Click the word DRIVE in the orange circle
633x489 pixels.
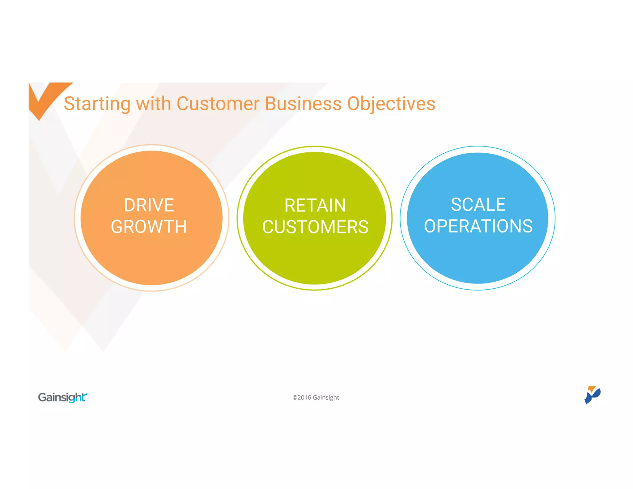pos(149,205)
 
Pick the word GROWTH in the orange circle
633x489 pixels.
pos(149,227)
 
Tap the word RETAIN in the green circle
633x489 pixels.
pos(315,206)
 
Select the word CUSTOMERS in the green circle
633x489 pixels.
pos(315,227)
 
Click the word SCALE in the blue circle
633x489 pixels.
pos(478,205)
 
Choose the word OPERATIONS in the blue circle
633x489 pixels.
pos(478,226)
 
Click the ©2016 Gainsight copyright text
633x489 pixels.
pos(316,398)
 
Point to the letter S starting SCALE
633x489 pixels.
pos(457,205)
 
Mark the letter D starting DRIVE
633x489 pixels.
pos(130,205)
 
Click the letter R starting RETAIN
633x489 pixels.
pos(290,206)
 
